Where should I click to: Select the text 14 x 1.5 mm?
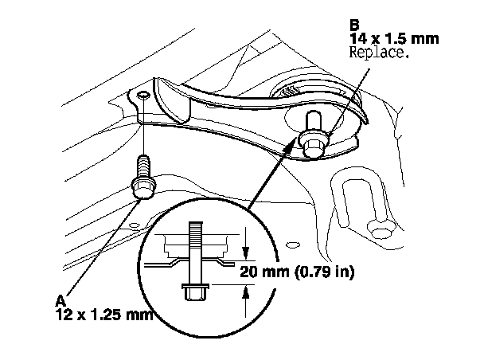(386, 37)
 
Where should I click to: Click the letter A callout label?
(60, 300)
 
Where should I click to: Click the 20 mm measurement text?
(266, 271)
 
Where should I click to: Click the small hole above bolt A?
(142, 96)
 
